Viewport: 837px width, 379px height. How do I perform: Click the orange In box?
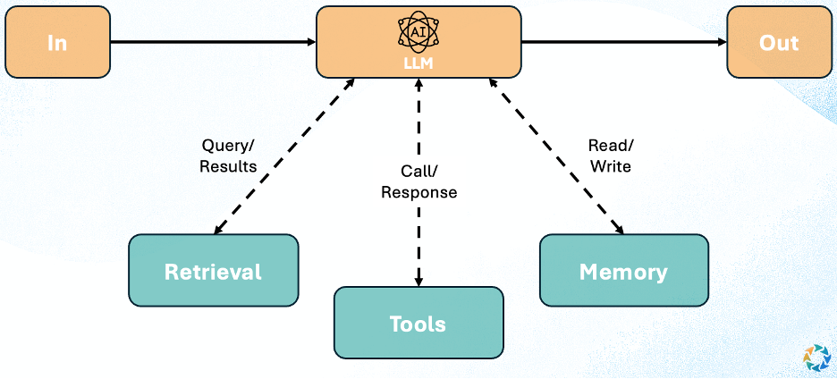(x=57, y=42)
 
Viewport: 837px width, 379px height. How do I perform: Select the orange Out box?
(x=778, y=42)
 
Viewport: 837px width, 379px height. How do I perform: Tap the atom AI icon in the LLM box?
(x=418, y=30)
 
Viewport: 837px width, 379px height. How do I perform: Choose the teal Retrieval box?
(x=213, y=272)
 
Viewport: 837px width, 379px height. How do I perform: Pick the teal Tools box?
(x=418, y=323)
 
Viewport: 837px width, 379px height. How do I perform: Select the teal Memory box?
(x=623, y=272)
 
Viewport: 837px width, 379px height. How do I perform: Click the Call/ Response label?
(x=418, y=181)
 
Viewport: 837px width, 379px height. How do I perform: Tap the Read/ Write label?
(x=610, y=156)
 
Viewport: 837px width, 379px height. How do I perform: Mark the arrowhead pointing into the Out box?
(x=719, y=41)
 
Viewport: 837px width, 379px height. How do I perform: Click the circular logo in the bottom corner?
(x=816, y=356)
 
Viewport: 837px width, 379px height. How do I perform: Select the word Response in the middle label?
(x=418, y=192)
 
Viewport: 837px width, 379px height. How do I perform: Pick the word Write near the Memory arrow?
(x=610, y=166)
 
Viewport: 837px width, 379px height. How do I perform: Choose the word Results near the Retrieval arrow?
(x=228, y=166)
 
